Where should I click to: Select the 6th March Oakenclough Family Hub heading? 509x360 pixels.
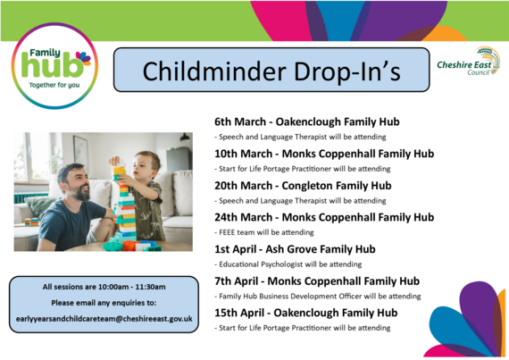[306, 121]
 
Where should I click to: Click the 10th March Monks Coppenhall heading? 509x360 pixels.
[324, 154]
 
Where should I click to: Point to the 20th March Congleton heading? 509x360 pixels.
[303, 186]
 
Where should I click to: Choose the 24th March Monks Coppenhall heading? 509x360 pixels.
[324, 217]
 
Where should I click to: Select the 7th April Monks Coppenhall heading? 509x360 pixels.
[317, 280]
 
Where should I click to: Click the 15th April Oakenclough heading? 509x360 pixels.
[306, 313]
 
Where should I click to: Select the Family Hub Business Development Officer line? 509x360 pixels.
[317, 296]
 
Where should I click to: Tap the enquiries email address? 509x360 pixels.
[104, 318]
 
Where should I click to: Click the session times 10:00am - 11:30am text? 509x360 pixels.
[104, 287]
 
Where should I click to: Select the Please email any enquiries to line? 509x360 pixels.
[104, 302]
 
